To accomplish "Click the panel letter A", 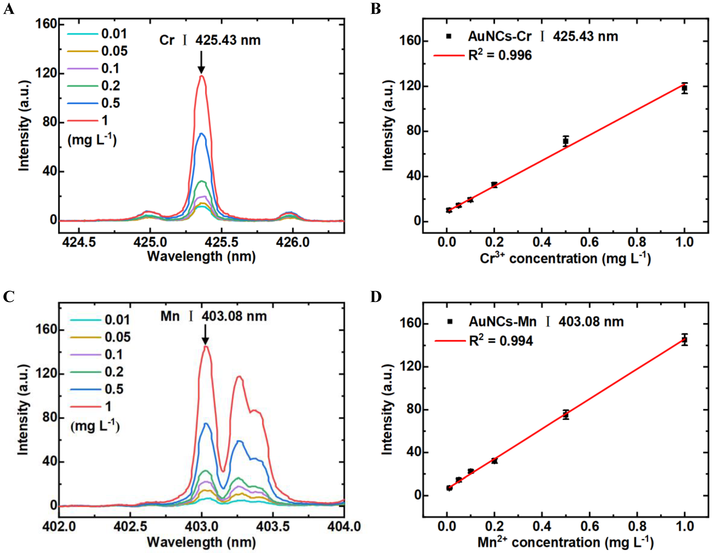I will coord(9,9).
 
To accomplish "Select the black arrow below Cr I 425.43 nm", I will coord(201,62).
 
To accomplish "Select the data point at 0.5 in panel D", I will coord(566,415).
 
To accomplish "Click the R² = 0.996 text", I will coord(499,55).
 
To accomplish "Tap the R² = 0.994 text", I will coord(501,341).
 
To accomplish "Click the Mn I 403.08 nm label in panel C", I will coord(214,316).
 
